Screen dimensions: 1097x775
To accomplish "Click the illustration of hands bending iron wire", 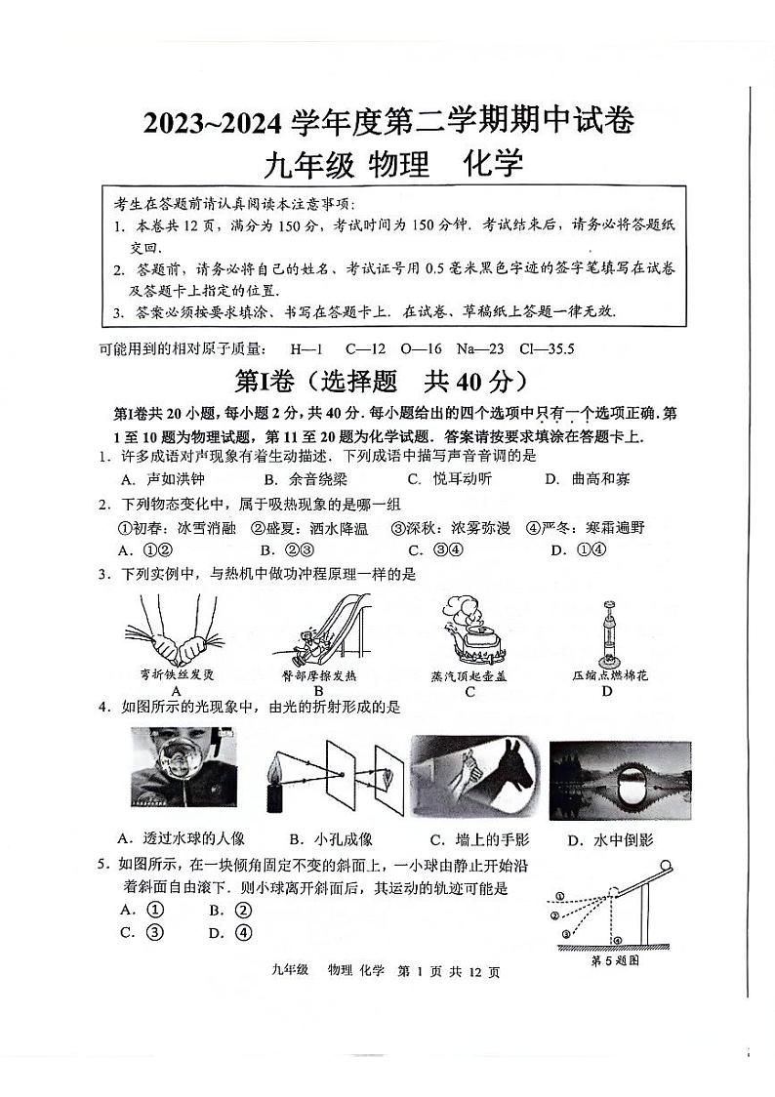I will [x=177, y=634].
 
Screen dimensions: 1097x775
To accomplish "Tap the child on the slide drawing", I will [x=312, y=644].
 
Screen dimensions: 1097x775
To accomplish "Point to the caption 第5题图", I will [x=615, y=960].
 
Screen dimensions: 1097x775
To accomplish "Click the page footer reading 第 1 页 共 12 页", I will [x=449, y=972].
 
